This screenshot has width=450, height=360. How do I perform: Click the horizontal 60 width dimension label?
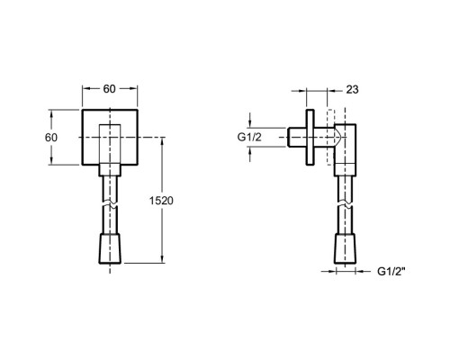click(x=109, y=89)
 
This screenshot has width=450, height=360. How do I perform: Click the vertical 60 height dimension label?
click(x=51, y=138)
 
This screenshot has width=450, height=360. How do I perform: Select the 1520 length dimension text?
click(x=161, y=201)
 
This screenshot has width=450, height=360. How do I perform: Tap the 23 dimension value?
click(x=352, y=89)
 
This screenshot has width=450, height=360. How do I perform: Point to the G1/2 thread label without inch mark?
click(x=249, y=137)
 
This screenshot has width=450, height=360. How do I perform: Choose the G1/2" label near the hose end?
click(x=391, y=271)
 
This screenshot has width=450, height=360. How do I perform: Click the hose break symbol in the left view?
click(x=110, y=203)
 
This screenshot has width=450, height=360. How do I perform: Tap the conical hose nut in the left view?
click(x=110, y=248)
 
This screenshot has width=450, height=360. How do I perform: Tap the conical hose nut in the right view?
click(x=345, y=248)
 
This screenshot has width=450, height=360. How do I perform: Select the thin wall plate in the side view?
click(x=310, y=137)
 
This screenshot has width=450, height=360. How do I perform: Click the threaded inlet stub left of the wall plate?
click(x=297, y=137)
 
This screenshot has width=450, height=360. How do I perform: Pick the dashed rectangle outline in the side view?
click(x=330, y=137)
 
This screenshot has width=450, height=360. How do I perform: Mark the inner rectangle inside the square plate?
click(x=110, y=144)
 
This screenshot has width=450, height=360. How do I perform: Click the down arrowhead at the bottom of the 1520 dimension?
click(x=162, y=259)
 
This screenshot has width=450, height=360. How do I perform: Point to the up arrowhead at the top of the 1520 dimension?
click(x=162, y=141)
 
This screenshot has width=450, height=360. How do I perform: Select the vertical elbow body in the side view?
click(x=346, y=149)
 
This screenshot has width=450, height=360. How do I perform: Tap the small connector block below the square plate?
click(x=110, y=170)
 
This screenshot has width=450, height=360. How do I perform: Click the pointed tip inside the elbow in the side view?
click(x=342, y=137)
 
